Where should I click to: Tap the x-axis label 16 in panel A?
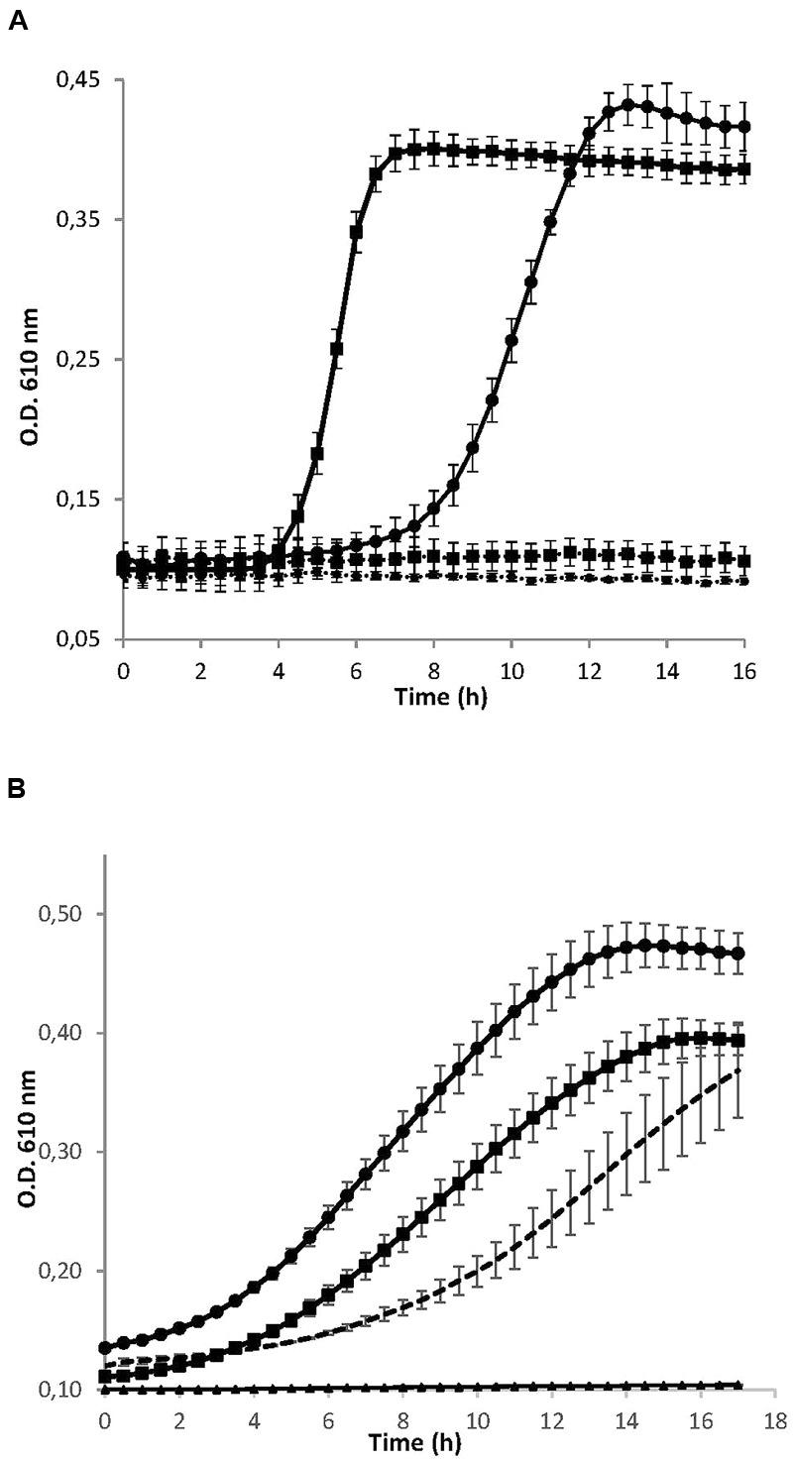[744, 671]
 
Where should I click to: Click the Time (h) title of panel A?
[440, 697]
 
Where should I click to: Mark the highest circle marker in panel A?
[627, 104]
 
